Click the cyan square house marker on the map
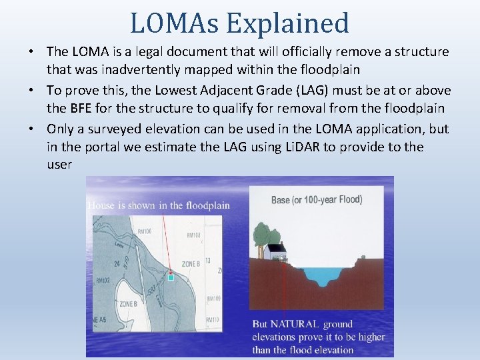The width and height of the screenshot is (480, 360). [x=171, y=277]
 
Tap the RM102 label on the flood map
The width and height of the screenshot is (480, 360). [x=103, y=280]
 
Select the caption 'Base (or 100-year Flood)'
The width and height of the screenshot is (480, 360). [x=317, y=199]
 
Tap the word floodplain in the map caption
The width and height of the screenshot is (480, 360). [x=208, y=205]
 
